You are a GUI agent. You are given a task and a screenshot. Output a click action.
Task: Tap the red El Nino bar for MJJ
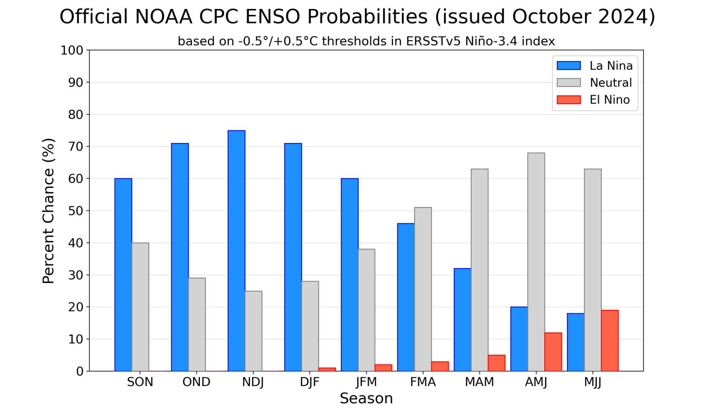click(x=610, y=340)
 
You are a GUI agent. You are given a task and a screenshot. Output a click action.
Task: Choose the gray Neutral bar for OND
click(x=197, y=324)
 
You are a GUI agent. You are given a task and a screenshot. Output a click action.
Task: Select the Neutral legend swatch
click(x=569, y=83)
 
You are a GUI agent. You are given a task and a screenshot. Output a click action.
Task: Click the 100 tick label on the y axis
click(x=72, y=50)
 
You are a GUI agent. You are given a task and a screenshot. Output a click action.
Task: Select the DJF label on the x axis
click(x=310, y=382)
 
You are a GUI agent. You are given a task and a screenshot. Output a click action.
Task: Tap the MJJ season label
click(x=593, y=382)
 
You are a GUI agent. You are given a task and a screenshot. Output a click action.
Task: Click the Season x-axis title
click(x=366, y=398)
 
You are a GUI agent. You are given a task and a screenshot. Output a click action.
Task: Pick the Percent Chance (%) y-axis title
click(x=48, y=211)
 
